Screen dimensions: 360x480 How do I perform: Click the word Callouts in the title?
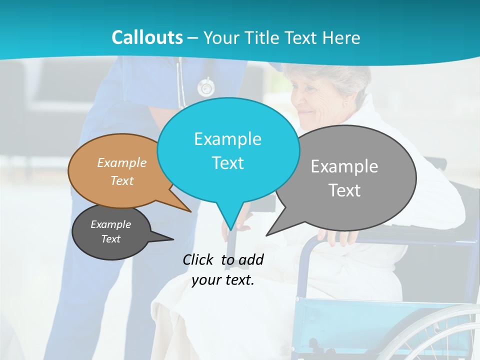pyautogui.click(x=147, y=37)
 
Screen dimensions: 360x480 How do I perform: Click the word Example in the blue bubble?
pyautogui.click(x=227, y=139)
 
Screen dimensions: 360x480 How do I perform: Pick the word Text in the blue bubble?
pyautogui.click(x=227, y=163)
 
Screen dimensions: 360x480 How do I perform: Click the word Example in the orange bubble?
pyautogui.click(x=121, y=162)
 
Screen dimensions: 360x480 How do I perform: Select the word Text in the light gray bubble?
pyautogui.click(x=344, y=190)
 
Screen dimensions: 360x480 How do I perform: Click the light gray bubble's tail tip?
pyautogui.click(x=267, y=234)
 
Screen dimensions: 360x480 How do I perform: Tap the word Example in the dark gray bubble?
pyautogui.click(x=110, y=224)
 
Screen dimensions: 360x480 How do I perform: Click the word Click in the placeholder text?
pyautogui.click(x=198, y=259)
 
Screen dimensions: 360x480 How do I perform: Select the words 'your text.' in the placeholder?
pyautogui.click(x=223, y=280)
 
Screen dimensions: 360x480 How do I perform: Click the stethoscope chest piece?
pyautogui.click(x=205, y=88)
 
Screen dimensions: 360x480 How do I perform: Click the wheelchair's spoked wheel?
pyautogui.click(x=440, y=335)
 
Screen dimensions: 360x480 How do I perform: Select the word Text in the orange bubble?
pyautogui.click(x=121, y=180)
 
